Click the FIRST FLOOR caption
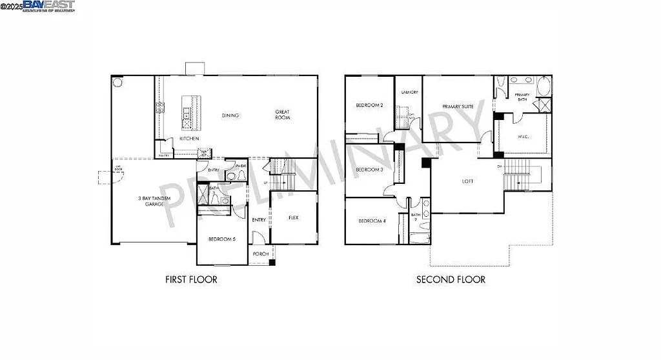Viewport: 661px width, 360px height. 191,279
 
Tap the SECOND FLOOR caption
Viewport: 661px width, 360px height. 451,279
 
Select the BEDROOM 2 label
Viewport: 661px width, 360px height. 370,105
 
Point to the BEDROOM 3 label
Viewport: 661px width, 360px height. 370,170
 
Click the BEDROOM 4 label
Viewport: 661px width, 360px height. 371,221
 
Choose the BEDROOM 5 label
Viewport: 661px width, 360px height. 222,239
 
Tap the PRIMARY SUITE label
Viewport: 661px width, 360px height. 458,106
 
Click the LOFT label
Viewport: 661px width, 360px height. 467,181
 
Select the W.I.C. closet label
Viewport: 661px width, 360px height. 524,136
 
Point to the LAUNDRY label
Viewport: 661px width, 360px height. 409,92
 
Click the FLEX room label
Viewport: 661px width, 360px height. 294,217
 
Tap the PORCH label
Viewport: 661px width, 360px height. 261,254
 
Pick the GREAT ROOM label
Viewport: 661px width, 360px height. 282,115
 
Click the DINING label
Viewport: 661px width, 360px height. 230,115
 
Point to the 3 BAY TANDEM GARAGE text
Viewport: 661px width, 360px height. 154,201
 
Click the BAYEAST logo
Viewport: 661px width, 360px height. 48,6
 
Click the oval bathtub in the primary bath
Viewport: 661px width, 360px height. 542,85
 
